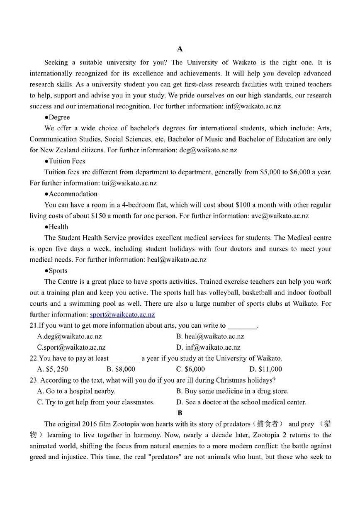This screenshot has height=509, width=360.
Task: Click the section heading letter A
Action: pos(180,49)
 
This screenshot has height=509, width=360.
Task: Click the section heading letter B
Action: pos(180,413)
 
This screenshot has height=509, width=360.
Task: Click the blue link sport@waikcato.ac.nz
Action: pos(122,314)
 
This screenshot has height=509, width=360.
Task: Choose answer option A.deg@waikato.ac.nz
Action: pos(69,336)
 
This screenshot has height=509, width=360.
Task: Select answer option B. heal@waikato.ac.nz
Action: pos(210,336)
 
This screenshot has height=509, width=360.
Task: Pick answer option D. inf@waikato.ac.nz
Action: pos(208,347)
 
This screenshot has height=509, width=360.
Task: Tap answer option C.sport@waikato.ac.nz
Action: pos(71,347)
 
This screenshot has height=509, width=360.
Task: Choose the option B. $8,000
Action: pos(121,369)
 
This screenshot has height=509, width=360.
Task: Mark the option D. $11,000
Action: pos(265,369)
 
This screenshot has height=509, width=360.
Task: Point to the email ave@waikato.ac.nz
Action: pos(280,216)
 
